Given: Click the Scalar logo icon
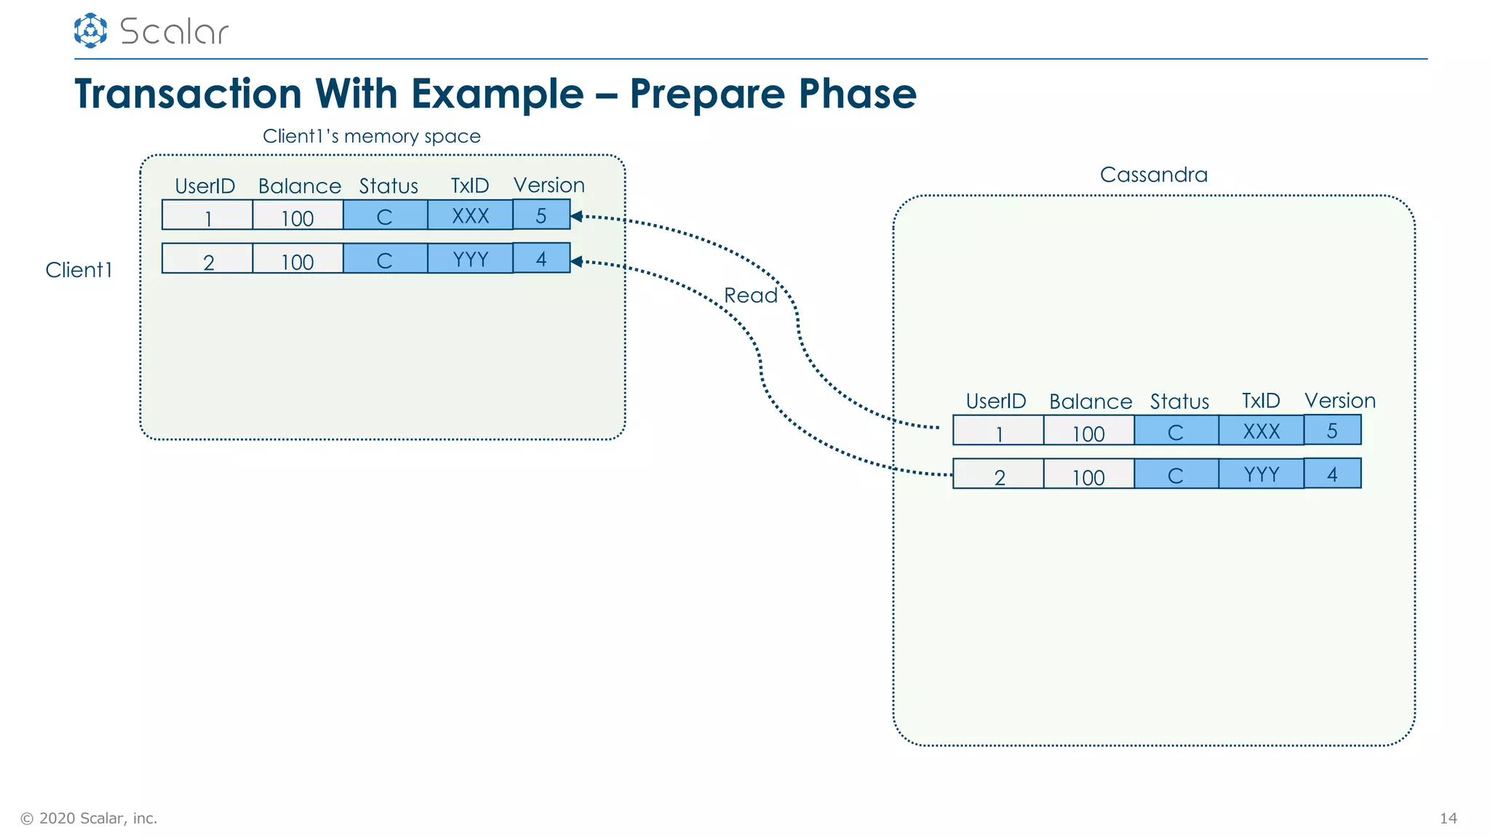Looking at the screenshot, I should [x=90, y=31].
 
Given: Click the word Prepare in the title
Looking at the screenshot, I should [x=706, y=94].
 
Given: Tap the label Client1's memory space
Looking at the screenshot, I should [x=371, y=136].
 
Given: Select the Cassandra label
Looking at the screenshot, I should [x=1153, y=175].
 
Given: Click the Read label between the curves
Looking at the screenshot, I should [x=750, y=295].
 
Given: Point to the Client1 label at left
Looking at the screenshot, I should [x=79, y=270].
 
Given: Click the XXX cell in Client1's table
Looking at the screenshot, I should [x=470, y=215].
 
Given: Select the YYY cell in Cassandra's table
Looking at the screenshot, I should [x=1261, y=474].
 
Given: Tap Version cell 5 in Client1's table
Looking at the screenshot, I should [x=541, y=215].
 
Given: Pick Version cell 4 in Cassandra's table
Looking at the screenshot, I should [x=1332, y=474].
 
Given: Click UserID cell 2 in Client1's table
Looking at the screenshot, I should [x=207, y=260].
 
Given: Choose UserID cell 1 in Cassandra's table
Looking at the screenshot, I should [x=998, y=431].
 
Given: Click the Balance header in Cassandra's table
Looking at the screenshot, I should [x=1090, y=402].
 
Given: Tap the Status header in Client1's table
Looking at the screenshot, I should [x=389, y=186].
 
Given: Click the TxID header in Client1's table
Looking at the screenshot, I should [x=469, y=186].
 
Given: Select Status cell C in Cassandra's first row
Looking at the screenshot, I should [x=1176, y=431].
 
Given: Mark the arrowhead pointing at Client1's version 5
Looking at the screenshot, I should [x=576, y=216].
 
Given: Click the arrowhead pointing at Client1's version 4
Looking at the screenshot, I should [x=576, y=261].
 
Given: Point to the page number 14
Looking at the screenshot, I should [x=1448, y=818].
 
